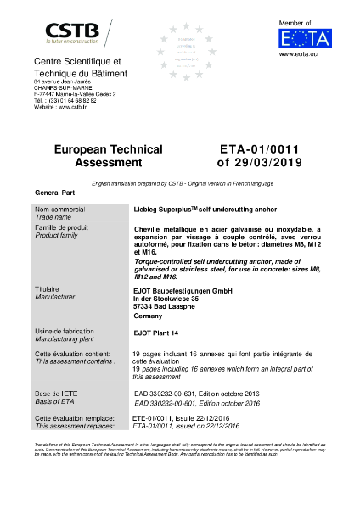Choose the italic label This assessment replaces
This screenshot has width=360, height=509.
click(69, 426)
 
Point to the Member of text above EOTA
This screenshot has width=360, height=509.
click(296, 22)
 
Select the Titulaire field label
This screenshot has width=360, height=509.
click(48, 290)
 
